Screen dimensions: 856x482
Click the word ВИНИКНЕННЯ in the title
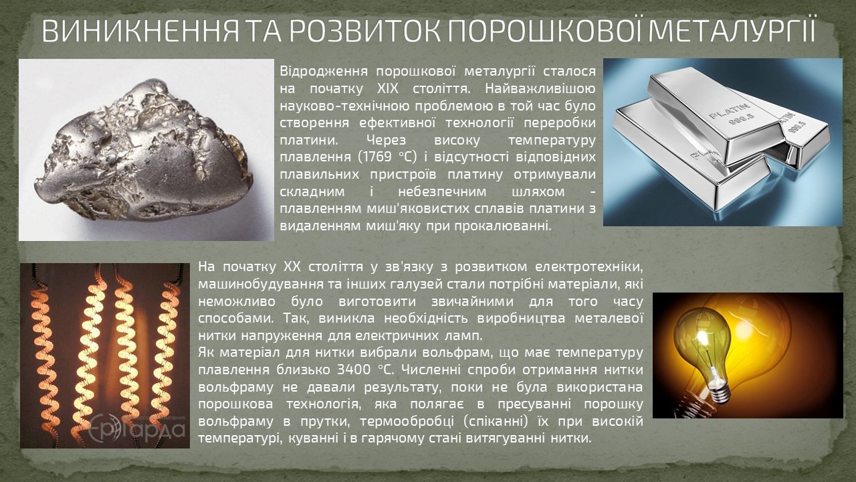coord(140,31)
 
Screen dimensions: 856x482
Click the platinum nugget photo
coord(146,149)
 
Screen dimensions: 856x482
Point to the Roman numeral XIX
coord(387,89)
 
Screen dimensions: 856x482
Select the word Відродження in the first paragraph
coord(324,72)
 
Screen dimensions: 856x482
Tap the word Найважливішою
coord(540,89)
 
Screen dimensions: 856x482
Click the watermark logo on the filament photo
coord(137,427)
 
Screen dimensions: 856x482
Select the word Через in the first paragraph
coord(386,141)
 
